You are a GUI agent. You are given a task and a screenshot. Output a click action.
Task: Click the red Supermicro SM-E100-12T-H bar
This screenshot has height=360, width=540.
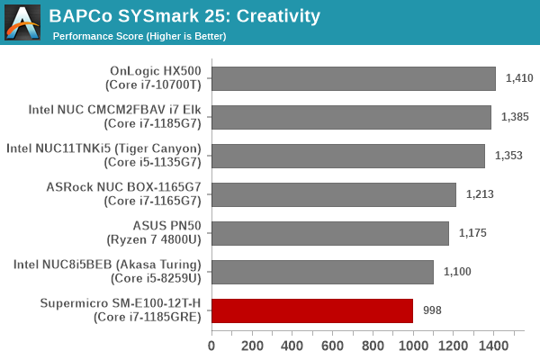tap(312, 310)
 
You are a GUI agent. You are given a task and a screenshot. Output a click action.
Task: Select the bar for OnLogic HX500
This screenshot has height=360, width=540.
tap(354, 78)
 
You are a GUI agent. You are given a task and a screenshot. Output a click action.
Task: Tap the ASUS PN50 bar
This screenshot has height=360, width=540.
tap(330, 233)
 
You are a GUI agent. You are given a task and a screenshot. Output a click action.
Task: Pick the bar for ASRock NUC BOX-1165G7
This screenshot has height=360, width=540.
tap(334, 194)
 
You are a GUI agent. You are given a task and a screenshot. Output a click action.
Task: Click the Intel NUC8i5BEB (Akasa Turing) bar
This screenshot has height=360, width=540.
tap(322, 272)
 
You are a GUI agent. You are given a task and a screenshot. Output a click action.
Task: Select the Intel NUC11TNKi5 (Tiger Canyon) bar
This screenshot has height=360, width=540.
tap(348, 156)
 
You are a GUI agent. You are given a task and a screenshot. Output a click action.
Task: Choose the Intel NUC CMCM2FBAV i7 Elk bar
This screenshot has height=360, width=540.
tap(351, 117)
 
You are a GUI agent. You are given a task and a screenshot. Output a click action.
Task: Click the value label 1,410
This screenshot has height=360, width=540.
tap(519, 78)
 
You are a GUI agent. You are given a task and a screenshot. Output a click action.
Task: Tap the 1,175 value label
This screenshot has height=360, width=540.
tap(472, 233)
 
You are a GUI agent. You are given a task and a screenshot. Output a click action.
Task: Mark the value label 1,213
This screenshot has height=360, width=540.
tap(480, 194)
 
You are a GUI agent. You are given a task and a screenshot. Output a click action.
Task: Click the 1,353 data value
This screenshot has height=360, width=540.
tap(508, 156)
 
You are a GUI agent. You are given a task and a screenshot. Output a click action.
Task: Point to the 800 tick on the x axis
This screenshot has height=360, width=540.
tap(373, 346)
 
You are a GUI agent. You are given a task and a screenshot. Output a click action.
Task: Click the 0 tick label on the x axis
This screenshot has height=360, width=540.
tap(211, 346)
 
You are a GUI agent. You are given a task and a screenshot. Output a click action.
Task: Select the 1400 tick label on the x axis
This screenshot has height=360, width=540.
tap(493, 346)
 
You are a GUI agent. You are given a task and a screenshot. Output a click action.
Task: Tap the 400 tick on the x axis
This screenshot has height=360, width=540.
tap(292, 346)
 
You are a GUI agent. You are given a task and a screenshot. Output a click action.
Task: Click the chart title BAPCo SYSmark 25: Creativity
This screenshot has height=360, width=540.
tap(184, 15)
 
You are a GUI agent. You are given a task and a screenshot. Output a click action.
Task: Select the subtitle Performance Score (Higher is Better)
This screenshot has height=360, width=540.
tap(139, 36)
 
